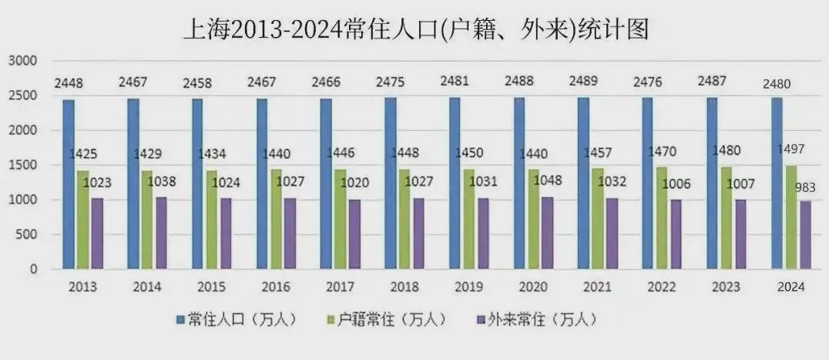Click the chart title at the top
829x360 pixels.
pyautogui.click(x=414, y=29)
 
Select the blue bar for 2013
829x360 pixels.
pyautogui.click(x=69, y=185)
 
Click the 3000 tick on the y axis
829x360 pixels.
pyautogui.click(x=23, y=61)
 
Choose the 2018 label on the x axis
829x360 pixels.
pyautogui.click(x=404, y=288)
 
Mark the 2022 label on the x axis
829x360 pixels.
pyautogui.click(x=662, y=288)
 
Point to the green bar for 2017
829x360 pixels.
pyautogui.click(x=340, y=220)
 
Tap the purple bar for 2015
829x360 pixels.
pyautogui.click(x=225, y=234)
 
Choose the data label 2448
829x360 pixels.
pyautogui.click(x=69, y=82)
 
